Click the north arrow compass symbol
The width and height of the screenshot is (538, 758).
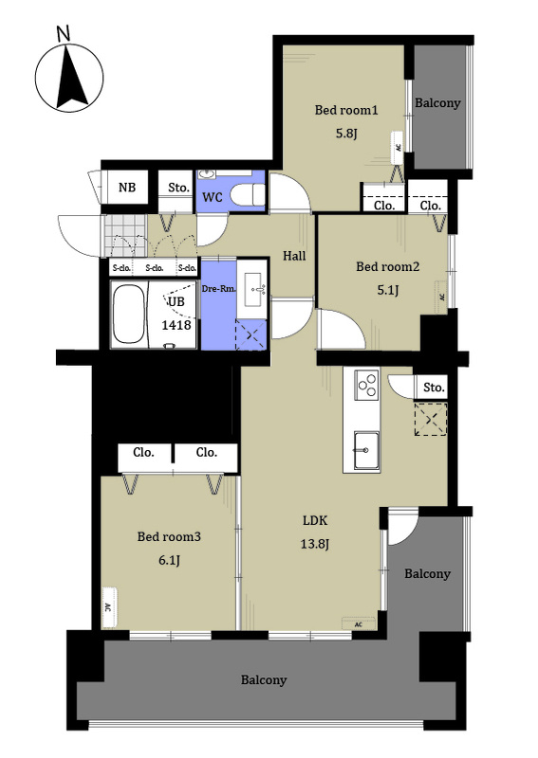(69, 78)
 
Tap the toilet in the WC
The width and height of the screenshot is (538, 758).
(247, 195)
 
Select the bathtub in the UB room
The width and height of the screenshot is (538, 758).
(128, 315)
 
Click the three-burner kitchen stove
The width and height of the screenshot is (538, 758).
(366, 385)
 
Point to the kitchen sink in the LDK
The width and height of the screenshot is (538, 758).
(366, 450)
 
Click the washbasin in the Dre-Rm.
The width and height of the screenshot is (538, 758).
(254, 289)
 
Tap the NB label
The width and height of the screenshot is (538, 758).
(127, 187)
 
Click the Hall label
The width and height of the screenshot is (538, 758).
(294, 256)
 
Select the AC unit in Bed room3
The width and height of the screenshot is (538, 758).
(109, 607)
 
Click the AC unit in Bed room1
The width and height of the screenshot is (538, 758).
(398, 147)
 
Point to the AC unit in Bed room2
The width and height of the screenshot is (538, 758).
(441, 296)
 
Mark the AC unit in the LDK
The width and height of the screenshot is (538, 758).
(359, 623)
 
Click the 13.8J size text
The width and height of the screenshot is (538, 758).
(315, 544)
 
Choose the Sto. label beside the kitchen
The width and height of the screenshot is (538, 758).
(434, 388)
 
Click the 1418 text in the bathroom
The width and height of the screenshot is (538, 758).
(176, 325)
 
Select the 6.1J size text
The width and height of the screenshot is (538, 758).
(170, 560)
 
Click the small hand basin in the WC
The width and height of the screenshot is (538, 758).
(208, 174)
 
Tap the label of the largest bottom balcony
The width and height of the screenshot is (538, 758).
(264, 680)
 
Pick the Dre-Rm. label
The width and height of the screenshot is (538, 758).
(218, 289)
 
